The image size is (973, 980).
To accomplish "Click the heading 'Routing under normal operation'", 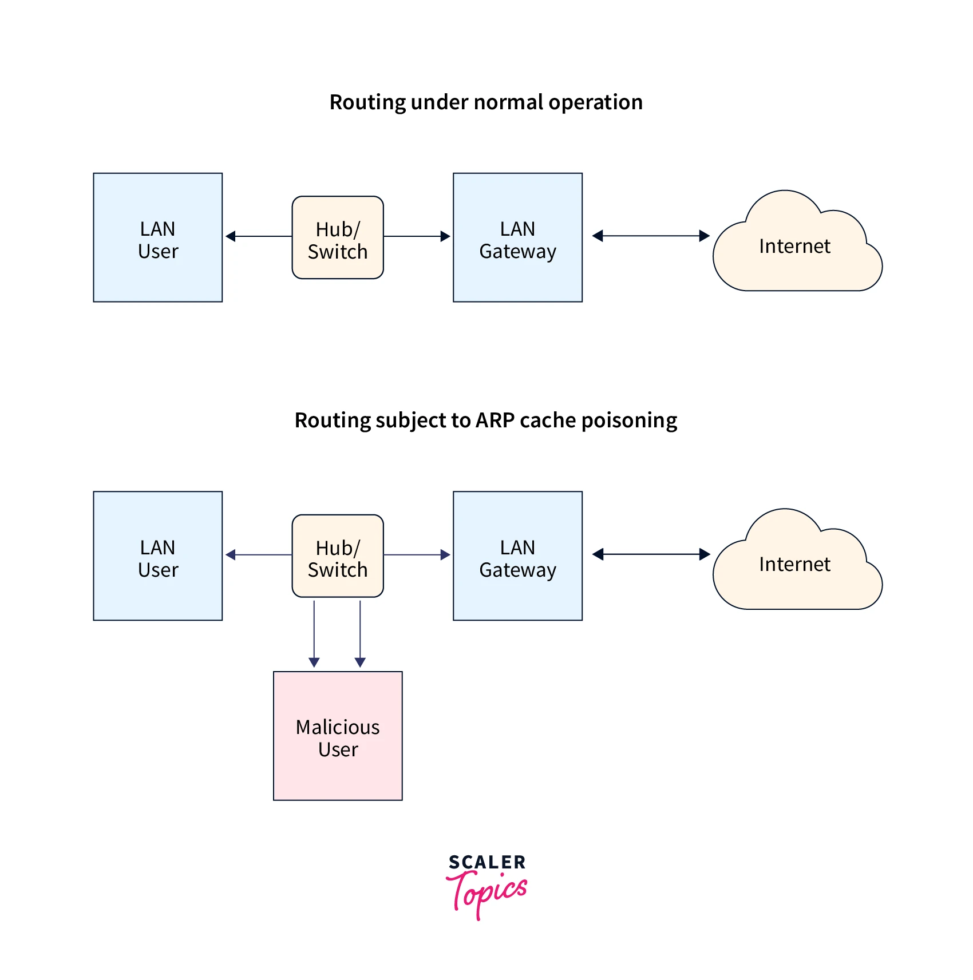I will tap(486, 102).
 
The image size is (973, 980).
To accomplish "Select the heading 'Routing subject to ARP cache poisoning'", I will tap(486, 420).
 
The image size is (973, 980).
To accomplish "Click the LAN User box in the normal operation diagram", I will tap(158, 237).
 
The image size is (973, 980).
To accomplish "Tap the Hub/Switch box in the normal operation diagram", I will tap(338, 238).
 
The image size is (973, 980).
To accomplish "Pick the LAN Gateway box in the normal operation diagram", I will tap(517, 237).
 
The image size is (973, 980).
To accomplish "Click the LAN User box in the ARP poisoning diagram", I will tap(158, 556).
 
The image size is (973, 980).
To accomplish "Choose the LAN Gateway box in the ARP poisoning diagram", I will tap(517, 556).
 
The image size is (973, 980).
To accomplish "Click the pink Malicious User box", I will tap(338, 736).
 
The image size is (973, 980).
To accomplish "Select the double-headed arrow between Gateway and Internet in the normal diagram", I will tap(651, 236).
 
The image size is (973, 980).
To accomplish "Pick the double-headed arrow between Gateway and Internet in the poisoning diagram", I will tap(651, 554).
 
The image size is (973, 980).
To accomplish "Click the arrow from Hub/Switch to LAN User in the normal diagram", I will tap(259, 236).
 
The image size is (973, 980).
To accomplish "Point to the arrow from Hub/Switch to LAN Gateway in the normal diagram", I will tap(417, 236).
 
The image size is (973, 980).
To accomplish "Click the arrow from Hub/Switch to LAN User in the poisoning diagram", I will tap(259, 555).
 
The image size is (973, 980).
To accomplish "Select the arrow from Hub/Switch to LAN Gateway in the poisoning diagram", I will tap(417, 555).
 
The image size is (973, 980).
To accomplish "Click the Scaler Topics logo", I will tap(486, 884).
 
